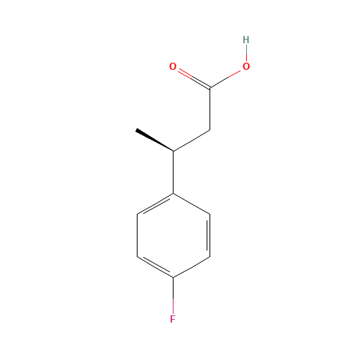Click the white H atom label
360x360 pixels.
(x=246, y=40)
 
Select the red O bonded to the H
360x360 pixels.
(x=246, y=67)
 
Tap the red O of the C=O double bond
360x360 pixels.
(x=173, y=67)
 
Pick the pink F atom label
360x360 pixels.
(x=173, y=319)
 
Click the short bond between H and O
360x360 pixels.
(x=246, y=53)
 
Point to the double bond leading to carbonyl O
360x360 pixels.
(x=192, y=78)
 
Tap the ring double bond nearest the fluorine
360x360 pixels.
(x=155, y=267)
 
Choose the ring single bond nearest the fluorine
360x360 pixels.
(x=192, y=267)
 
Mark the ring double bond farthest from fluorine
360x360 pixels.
(x=155, y=204)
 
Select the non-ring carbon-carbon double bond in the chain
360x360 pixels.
(x=155, y=141)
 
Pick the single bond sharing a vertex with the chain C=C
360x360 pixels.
(x=192, y=141)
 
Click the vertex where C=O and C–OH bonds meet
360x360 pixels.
(x=210, y=89)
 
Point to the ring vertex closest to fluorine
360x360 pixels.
(x=173, y=278)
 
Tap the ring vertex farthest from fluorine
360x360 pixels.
(x=173, y=193)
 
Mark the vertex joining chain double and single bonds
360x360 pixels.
(x=173, y=152)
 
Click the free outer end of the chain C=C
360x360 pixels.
(x=137, y=130)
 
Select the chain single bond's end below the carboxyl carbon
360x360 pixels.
(x=210, y=130)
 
